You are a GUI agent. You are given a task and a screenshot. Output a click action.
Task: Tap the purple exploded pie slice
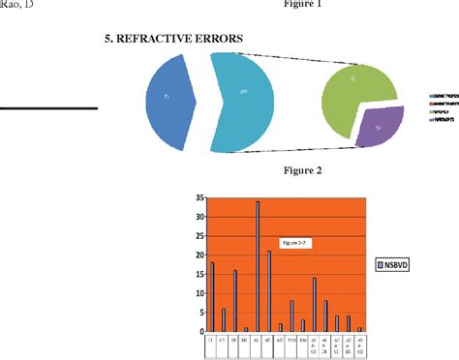(x=379, y=126)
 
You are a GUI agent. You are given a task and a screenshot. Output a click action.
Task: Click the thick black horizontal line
(x=48, y=108)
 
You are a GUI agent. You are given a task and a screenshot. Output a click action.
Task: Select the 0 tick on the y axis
(x=199, y=330)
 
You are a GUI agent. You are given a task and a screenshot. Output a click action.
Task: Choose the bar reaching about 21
(x=268, y=290)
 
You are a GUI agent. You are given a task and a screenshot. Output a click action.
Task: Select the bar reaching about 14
(x=314, y=304)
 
